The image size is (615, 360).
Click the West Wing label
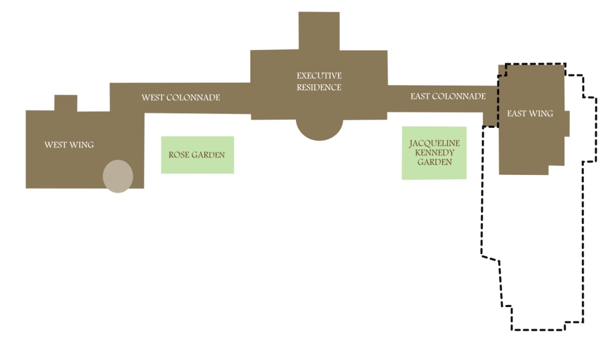pos(69,145)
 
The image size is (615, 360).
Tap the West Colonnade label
pos(180,98)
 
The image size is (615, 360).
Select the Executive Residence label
pos(319,82)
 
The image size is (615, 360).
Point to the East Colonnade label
pos(448,97)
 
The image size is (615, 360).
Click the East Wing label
pos(530,114)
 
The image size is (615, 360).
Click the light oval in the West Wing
pos(118,176)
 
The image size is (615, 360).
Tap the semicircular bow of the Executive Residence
pos(319,129)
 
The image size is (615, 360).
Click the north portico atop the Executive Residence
pos(319,31)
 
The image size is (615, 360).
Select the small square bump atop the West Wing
pos(66,103)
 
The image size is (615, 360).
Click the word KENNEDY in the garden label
pos(434,153)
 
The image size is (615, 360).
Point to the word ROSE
pos(178,155)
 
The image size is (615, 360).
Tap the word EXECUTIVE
pos(319,76)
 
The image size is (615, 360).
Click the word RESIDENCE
pos(319,88)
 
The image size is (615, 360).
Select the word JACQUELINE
pos(434,144)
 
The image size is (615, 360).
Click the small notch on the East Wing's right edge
pos(567,124)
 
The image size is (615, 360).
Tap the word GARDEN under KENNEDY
pos(434,162)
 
